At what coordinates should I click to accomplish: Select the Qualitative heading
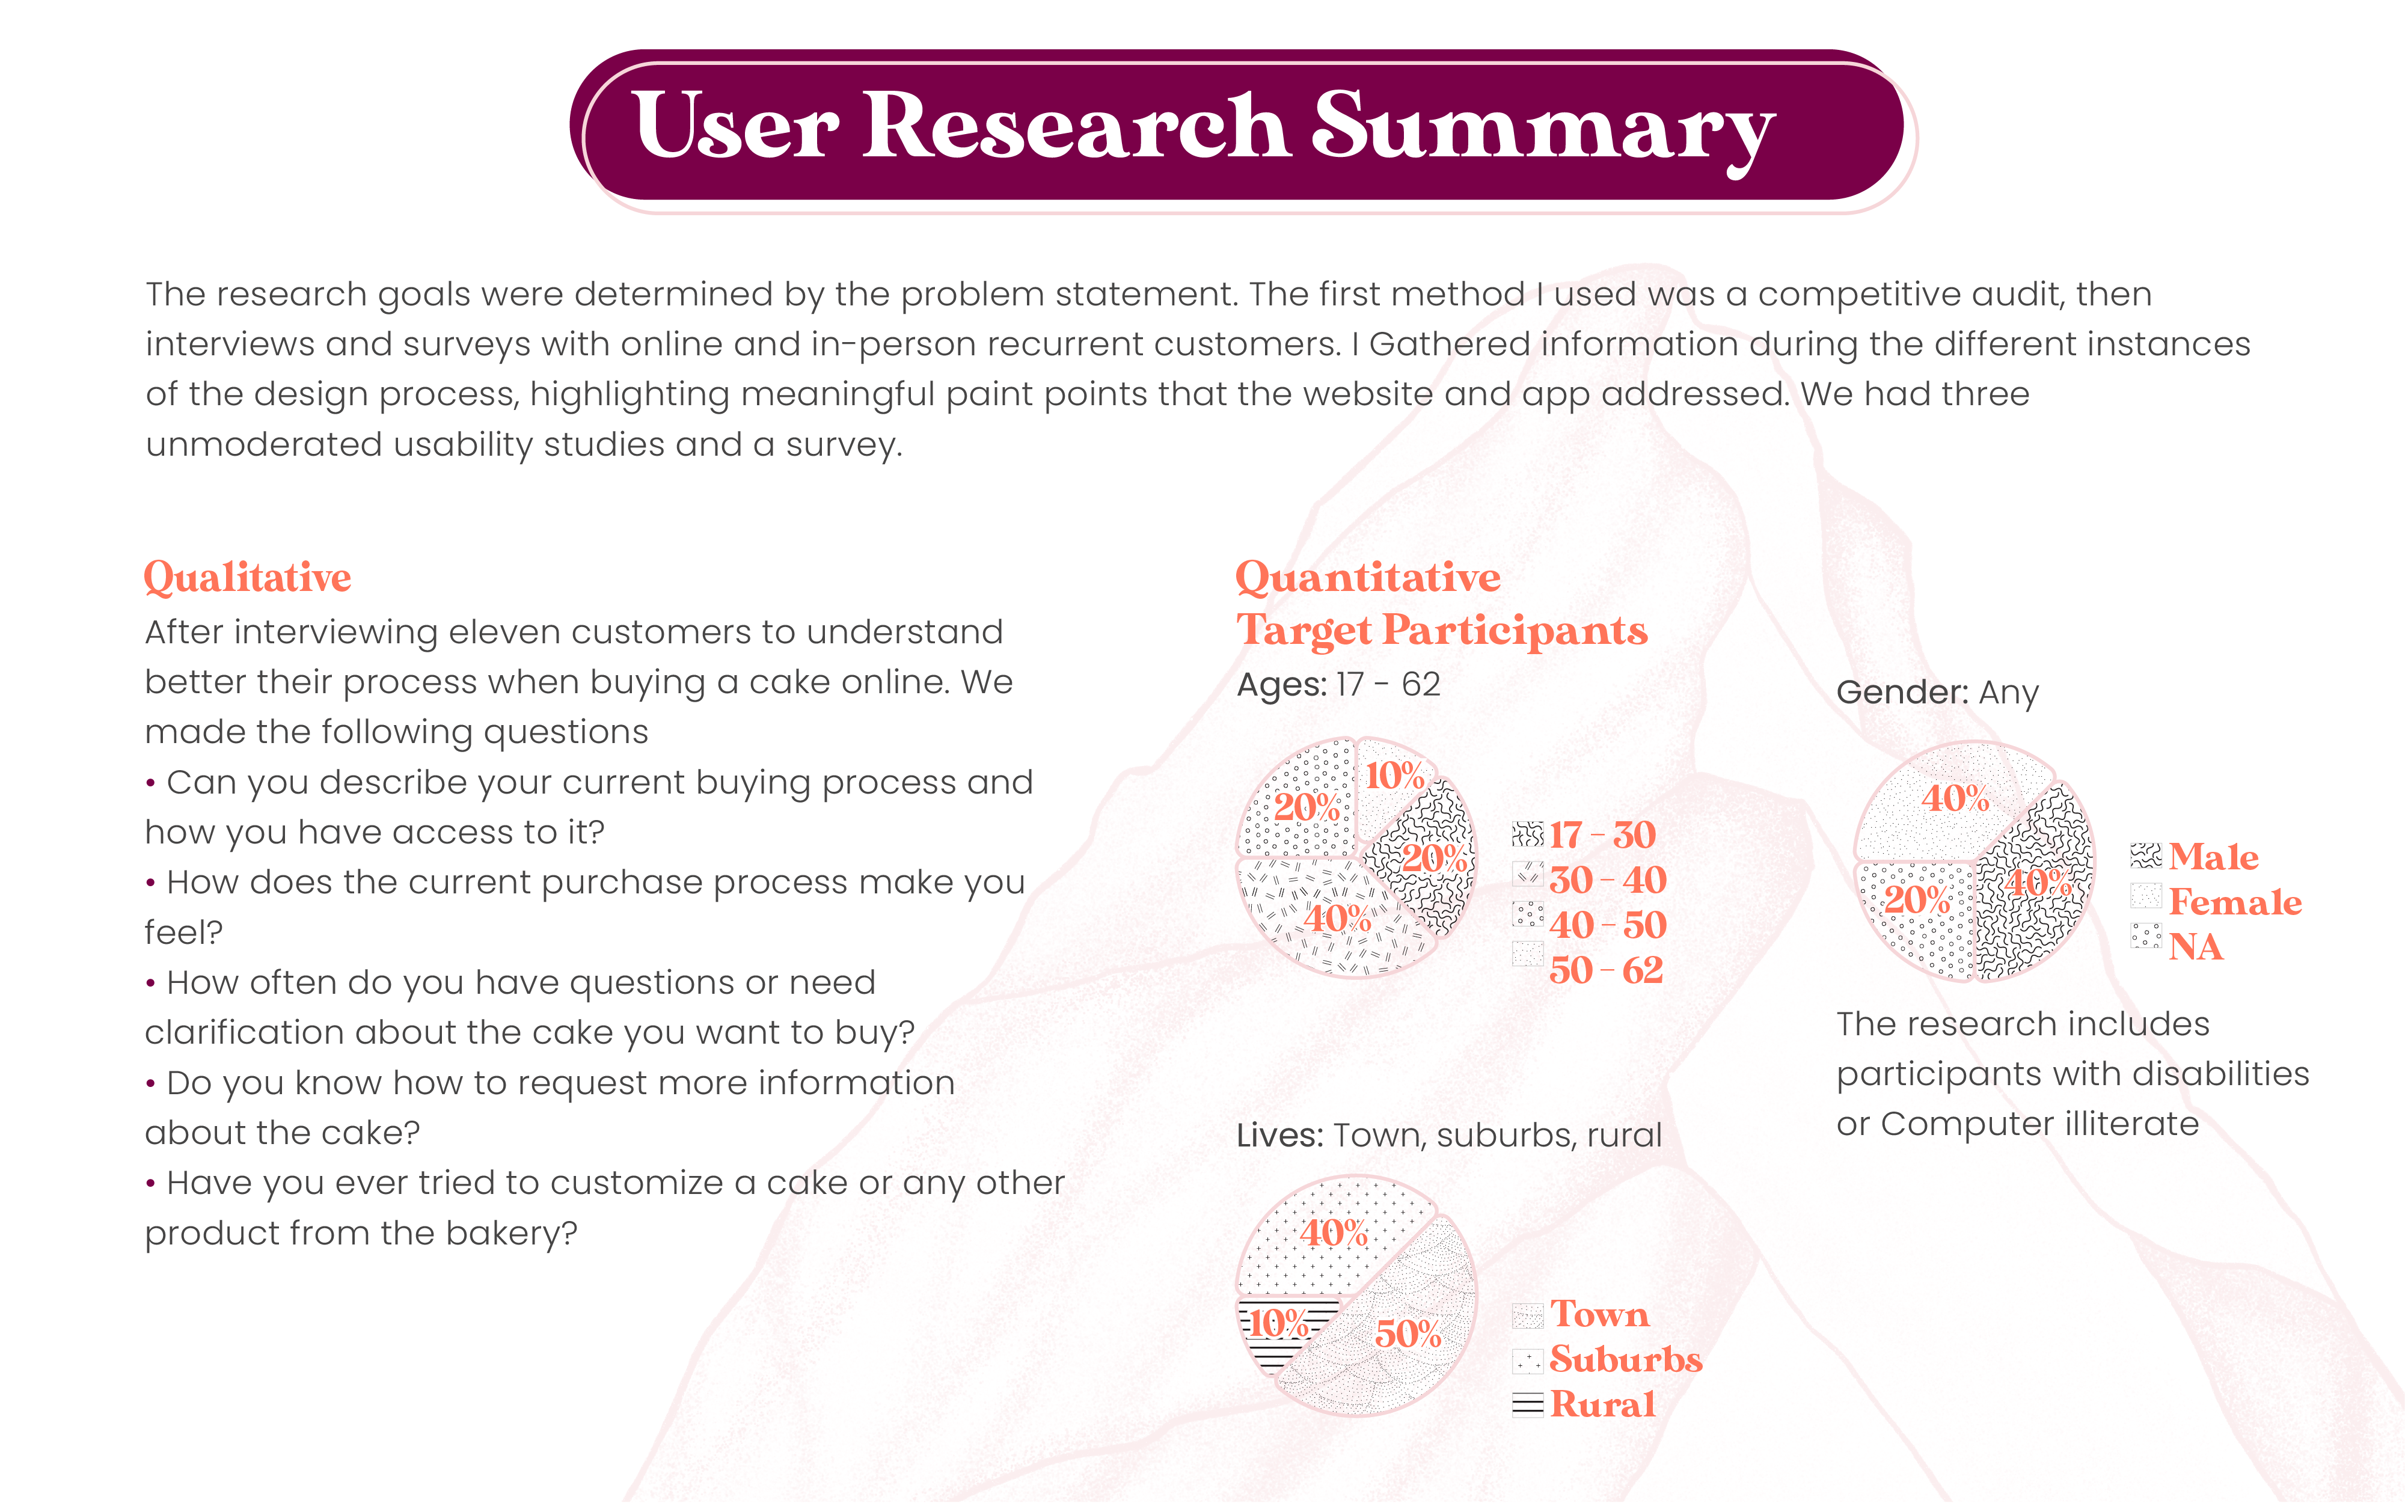click(248, 578)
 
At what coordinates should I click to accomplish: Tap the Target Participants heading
click(1442, 630)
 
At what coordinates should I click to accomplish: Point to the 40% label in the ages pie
click(1337, 917)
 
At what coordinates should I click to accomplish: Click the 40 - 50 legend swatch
click(1527, 914)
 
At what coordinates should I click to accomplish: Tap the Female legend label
click(2235, 902)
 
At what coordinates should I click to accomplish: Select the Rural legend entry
click(1584, 1404)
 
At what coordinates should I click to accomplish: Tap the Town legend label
click(1599, 1314)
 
